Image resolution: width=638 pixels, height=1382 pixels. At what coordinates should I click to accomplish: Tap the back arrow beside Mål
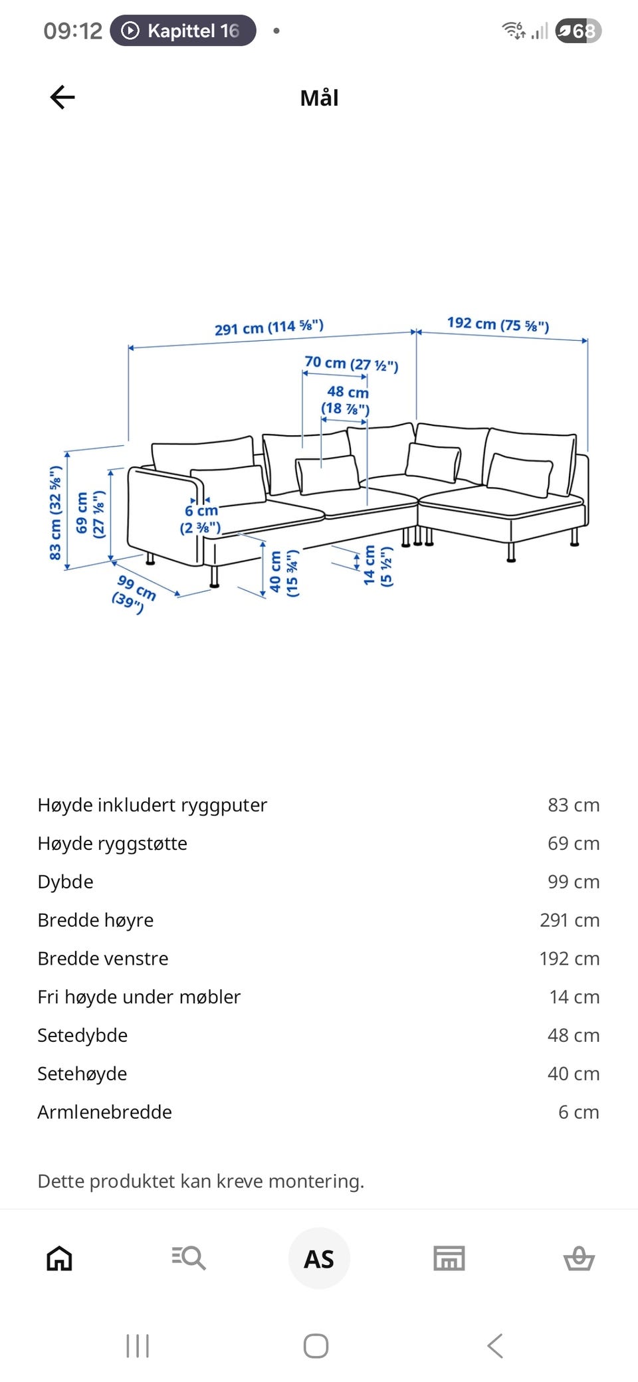[62, 98]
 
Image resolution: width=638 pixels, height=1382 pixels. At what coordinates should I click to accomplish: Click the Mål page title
[319, 98]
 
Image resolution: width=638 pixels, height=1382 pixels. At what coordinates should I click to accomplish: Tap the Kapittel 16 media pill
[183, 31]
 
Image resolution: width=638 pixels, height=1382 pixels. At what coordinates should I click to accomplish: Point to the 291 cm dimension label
[268, 328]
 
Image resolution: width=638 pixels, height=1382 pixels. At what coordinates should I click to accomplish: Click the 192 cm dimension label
[498, 324]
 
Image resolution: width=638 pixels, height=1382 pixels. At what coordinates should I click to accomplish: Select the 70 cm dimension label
[351, 363]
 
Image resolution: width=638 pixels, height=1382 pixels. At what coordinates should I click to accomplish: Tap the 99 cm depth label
[134, 593]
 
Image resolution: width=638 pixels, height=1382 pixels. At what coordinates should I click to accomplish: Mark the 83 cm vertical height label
[56, 513]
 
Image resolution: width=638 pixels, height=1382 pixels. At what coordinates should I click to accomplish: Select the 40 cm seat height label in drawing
[283, 573]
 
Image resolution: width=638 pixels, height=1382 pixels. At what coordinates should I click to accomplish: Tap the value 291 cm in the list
[569, 920]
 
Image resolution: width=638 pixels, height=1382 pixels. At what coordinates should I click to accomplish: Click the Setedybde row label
[82, 1035]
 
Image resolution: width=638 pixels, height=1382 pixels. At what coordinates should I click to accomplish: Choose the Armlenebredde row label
[104, 1112]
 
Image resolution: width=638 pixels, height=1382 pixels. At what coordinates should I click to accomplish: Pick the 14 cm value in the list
[574, 997]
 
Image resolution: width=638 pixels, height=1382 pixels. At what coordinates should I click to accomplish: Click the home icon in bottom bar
[59, 1258]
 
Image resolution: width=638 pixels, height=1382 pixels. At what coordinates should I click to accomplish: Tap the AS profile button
[319, 1258]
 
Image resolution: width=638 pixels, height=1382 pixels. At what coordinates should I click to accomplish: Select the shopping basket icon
[578, 1258]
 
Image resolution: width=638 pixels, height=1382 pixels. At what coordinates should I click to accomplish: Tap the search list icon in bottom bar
[189, 1258]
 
